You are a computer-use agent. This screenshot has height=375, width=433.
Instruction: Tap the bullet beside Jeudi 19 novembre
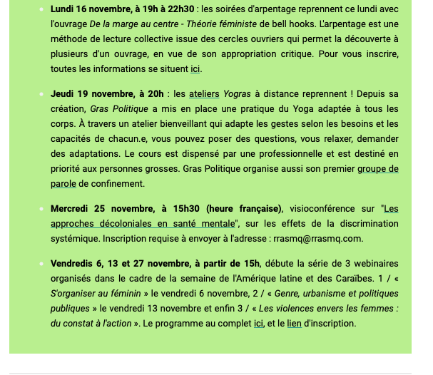tap(41, 93)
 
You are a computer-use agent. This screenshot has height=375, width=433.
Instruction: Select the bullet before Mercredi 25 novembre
tap(41, 208)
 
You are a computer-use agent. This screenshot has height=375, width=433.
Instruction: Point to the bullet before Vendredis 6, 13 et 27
tap(41, 263)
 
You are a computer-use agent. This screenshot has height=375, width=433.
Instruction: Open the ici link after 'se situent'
tap(195, 69)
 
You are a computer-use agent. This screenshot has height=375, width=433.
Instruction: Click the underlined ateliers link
tap(204, 93)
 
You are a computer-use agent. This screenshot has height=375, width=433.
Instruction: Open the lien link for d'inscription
tap(294, 323)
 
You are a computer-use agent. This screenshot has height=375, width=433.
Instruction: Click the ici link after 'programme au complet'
tap(260, 323)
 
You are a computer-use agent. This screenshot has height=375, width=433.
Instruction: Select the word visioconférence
tap(319, 208)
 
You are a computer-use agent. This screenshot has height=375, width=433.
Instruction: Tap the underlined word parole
tap(63, 183)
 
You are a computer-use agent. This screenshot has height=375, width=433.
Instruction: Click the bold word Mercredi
tap(73, 208)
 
